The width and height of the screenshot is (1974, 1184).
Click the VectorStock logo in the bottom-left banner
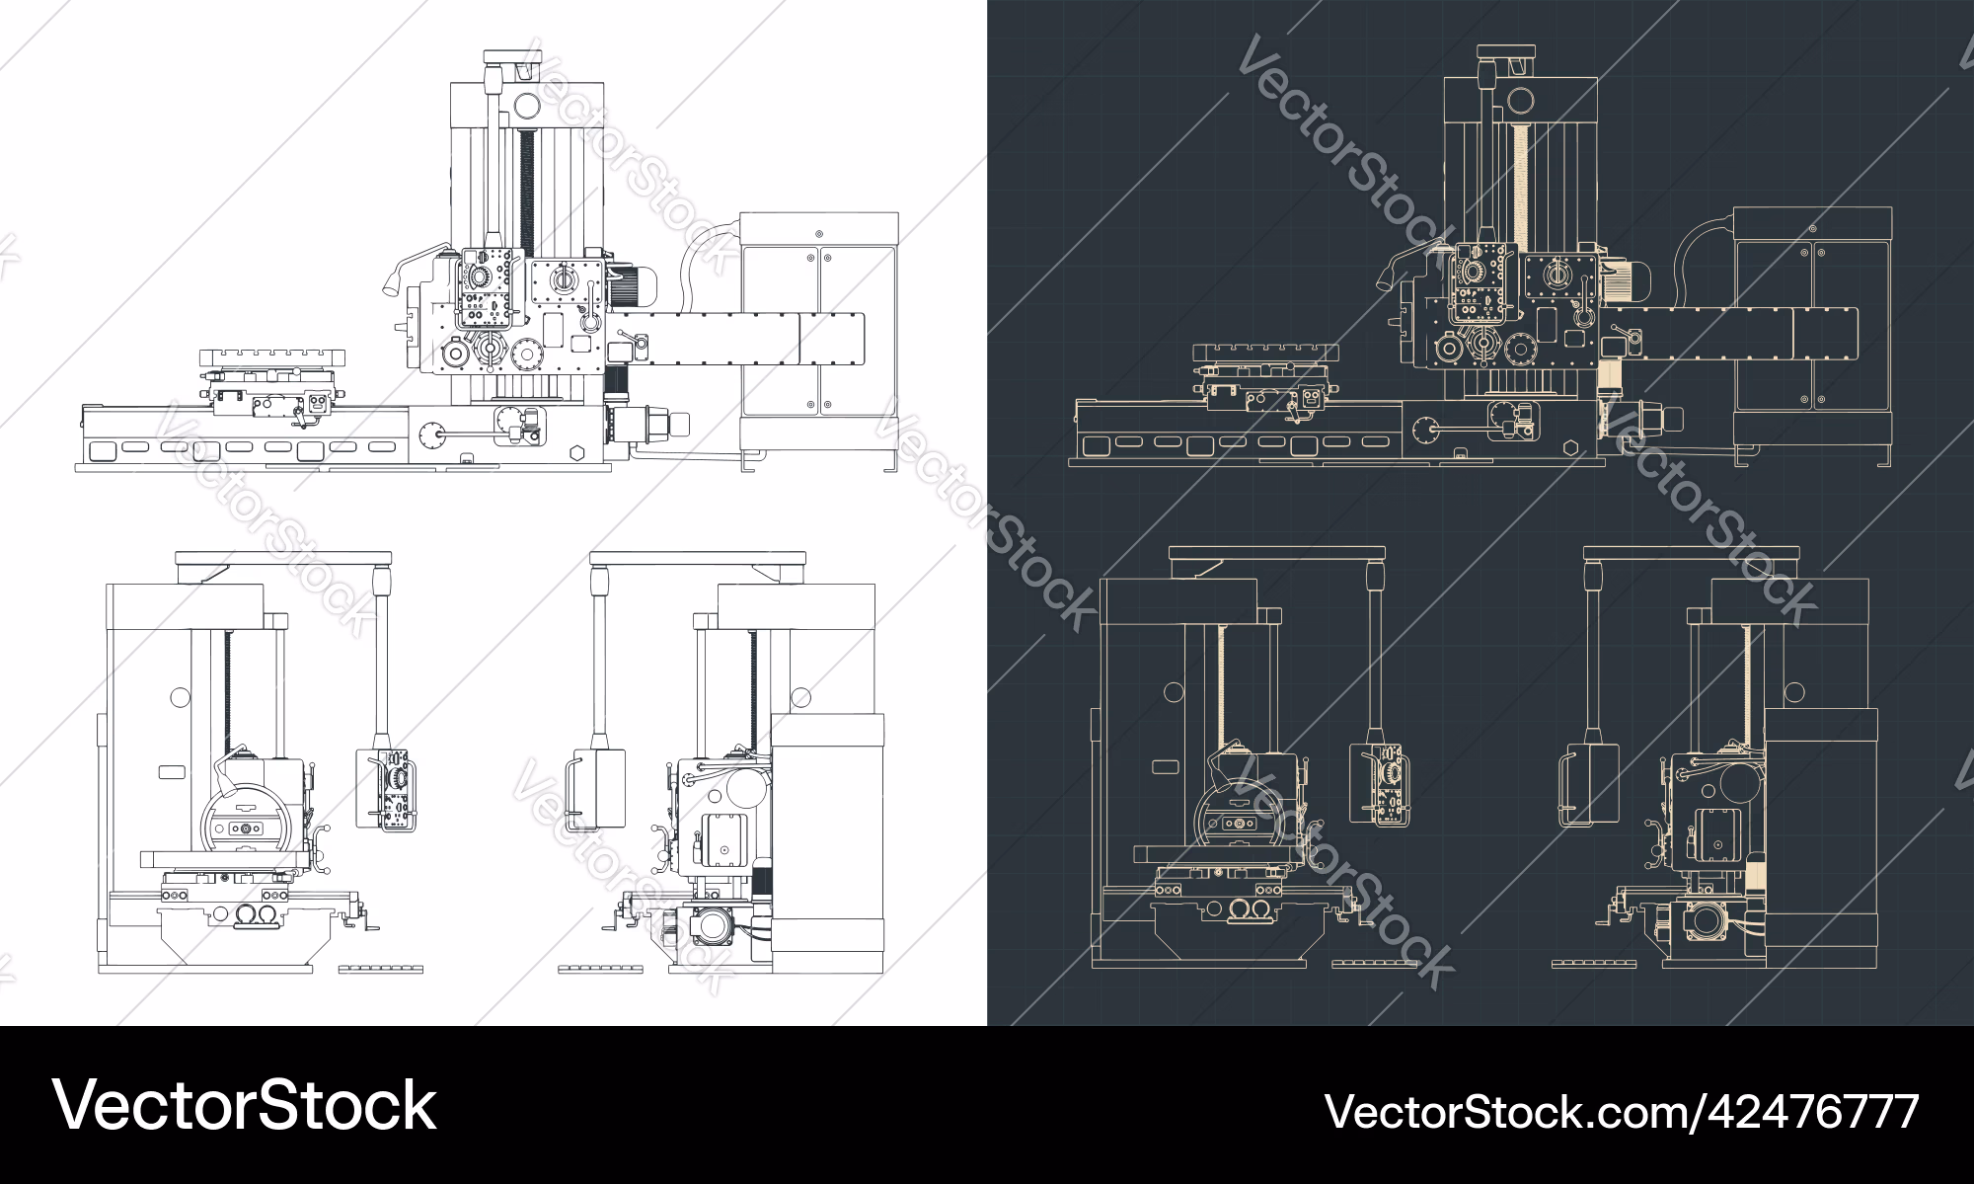pos(244,1105)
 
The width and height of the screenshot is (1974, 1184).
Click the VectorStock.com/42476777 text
pos(1621,1111)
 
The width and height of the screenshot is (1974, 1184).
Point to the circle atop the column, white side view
pos(527,104)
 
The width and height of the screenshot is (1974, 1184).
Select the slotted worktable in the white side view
pos(271,356)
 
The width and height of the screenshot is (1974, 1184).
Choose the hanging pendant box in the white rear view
pos(597,788)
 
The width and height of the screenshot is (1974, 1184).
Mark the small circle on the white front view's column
pos(180,697)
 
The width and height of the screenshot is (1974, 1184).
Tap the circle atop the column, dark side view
pos(1521,100)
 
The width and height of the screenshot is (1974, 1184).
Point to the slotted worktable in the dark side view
pos(1265,353)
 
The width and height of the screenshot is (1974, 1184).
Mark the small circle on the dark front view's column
pos(1174,692)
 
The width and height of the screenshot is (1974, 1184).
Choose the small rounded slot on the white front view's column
pos(172,771)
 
